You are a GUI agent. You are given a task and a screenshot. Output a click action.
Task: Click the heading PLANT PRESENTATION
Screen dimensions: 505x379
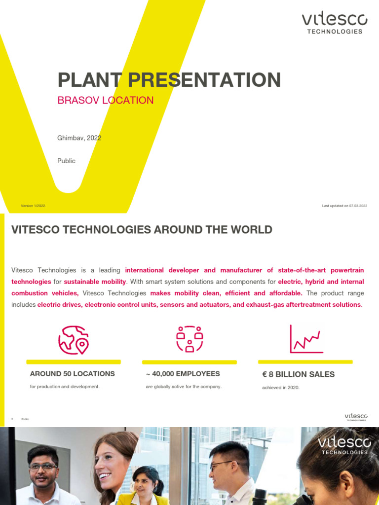tap(169, 80)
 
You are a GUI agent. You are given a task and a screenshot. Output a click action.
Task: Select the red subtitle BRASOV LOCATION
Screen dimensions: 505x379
tap(106, 100)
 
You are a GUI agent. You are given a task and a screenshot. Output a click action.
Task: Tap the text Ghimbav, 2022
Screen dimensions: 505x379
tap(79, 138)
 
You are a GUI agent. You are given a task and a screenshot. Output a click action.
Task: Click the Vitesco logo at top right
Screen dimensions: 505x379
tap(335, 23)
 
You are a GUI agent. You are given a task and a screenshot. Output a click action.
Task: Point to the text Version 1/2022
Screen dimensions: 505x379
tap(34, 206)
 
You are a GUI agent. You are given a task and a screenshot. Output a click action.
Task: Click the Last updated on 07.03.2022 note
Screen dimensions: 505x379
tap(344, 206)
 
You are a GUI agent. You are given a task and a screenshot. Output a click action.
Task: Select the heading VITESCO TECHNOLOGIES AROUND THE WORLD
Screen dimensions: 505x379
tap(142, 230)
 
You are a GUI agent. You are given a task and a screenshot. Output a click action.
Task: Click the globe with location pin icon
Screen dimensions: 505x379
tap(73, 340)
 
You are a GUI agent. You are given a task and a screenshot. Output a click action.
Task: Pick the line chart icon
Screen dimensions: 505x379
tap(306, 339)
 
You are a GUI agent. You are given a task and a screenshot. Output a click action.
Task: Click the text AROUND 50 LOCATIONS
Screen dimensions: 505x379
tap(72, 374)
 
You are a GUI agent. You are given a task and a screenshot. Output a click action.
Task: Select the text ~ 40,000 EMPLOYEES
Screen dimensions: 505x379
tap(183, 374)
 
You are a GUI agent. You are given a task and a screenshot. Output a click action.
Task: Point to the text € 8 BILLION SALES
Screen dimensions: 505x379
tap(298, 374)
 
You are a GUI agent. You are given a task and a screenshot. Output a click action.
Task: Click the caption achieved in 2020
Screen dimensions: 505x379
tap(280, 388)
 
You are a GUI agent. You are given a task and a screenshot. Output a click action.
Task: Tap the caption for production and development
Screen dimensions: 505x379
tap(65, 387)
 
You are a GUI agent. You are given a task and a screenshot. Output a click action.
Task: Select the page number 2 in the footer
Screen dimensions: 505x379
tap(12, 419)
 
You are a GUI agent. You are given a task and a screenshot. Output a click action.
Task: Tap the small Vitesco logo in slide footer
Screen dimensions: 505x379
tap(355, 418)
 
